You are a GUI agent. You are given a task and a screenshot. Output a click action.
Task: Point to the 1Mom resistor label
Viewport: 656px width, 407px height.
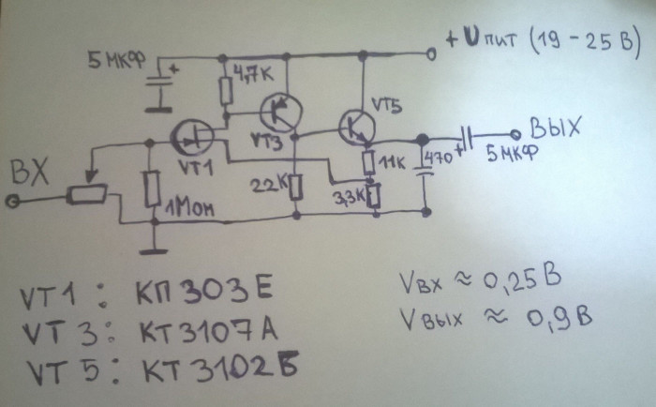coord(187,209)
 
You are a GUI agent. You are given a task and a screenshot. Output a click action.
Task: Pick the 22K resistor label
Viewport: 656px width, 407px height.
coord(268,186)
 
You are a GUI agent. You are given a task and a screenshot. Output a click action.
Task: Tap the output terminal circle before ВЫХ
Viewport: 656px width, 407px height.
coord(514,133)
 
